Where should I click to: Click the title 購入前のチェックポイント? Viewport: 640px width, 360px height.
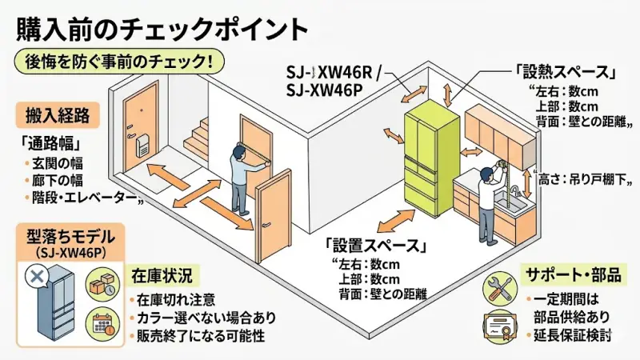click(x=161, y=29)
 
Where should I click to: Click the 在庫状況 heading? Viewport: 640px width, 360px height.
click(x=162, y=275)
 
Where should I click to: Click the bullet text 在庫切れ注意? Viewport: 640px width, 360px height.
click(x=176, y=299)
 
